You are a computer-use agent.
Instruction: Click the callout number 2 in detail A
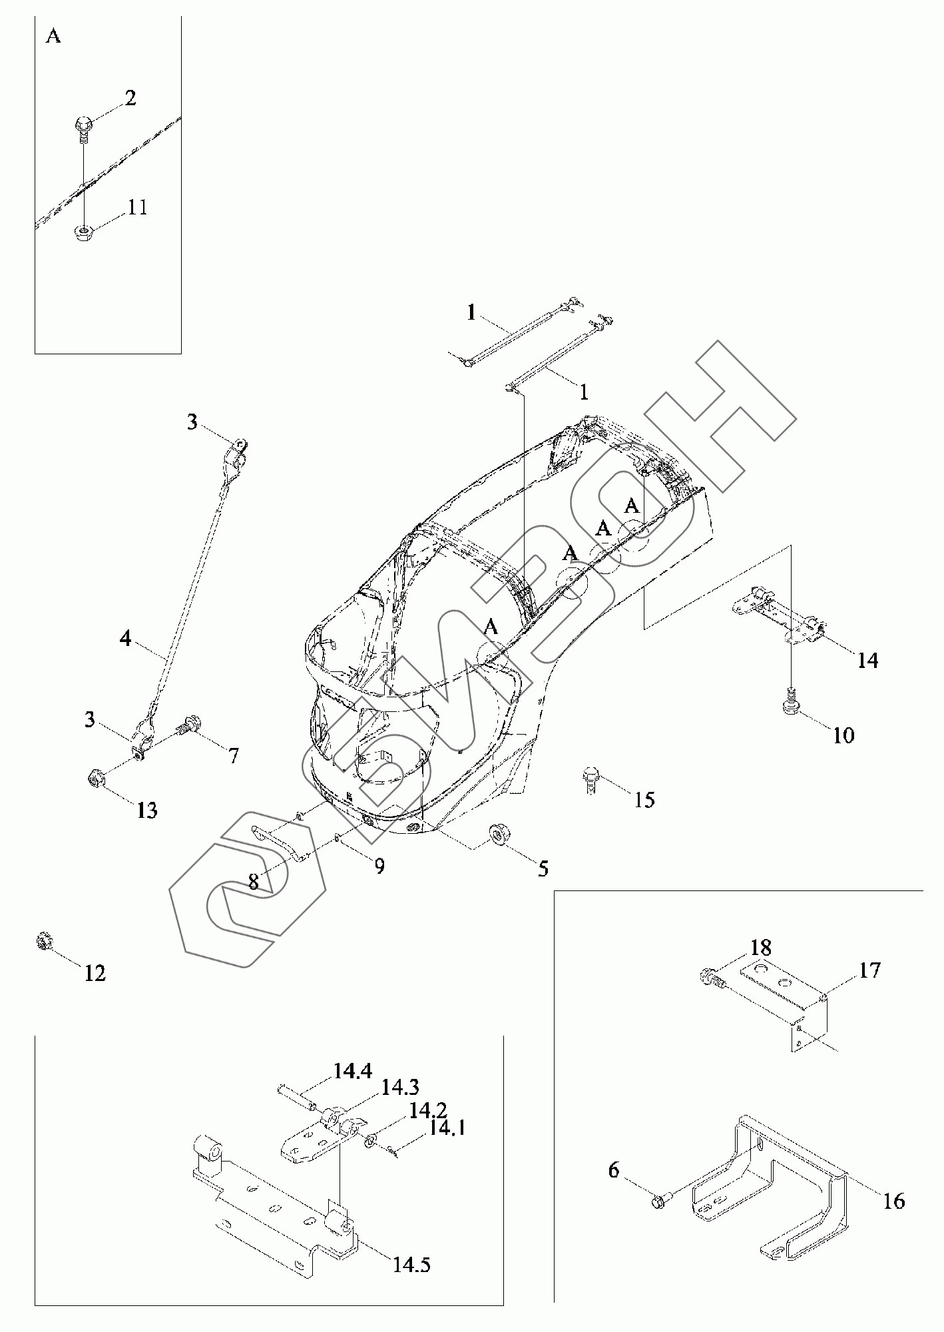coord(130,99)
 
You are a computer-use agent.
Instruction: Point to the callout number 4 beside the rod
coord(126,639)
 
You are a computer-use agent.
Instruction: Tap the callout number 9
coord(379,866)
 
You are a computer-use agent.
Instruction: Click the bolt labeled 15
coord(591,777)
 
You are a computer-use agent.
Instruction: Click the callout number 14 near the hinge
coord(867,660)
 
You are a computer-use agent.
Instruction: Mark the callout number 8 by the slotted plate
coord(253,882)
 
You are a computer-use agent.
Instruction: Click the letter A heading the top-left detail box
coord(53,37)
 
